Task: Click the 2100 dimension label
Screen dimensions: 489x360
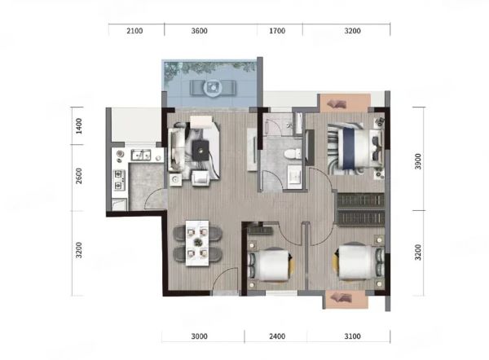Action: (x=134, y=31)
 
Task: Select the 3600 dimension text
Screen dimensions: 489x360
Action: (x=200, y=31)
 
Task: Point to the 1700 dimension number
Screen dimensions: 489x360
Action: (x=277, y=31)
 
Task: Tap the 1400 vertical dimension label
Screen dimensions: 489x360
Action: (x=79, y=126)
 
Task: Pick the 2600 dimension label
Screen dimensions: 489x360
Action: (x=79, y=176)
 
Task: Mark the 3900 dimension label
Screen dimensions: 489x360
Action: (x=418, y=161)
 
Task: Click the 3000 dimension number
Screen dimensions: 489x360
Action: (x=200, y=336)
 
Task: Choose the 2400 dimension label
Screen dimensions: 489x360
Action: (x=277, y=336)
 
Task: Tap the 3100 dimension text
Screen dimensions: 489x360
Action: (x=352, y=336)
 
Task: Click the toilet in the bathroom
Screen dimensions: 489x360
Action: (x=293, y=153)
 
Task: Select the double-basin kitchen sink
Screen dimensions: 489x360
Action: (x=141, y=155)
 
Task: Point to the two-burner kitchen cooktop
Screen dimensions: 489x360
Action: (x=119, y=180)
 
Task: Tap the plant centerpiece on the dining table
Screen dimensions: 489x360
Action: (x=197, y=242)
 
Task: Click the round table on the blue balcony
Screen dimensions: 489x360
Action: (x=214, y=88)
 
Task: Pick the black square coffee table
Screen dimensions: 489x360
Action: (x=200, y=151)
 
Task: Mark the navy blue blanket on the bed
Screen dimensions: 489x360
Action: (x=349, y=149)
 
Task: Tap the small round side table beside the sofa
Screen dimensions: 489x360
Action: (x=175, y=180)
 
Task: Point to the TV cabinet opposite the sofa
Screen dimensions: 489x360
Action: (x=252, y=149)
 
